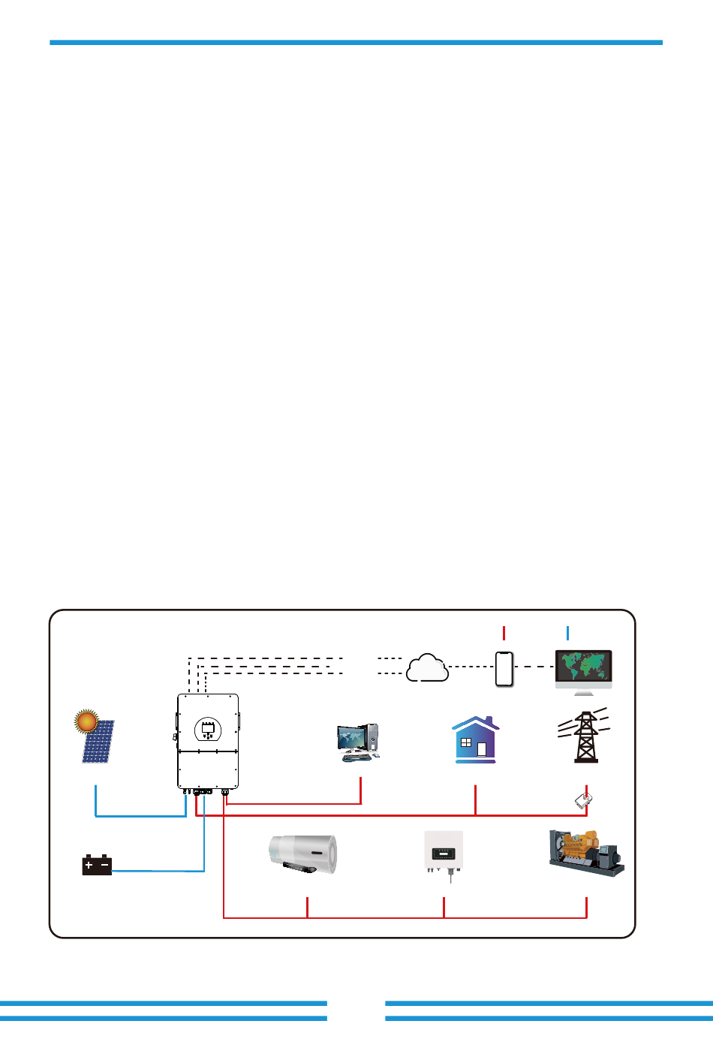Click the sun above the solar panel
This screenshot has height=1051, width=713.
click(x=87, y=721)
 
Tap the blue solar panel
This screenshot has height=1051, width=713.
click(x=99, y=742)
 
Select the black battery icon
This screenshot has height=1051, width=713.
click(x=97, y=865)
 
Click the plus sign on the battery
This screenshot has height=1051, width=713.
click(x=89, y=865)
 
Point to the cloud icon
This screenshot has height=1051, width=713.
click(x=427, y=667)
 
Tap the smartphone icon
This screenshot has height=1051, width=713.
click(x=504, y=667)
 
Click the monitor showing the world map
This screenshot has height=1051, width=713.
click(x=583, y=667)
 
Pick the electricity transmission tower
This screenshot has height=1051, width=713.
click(x=585, y=736)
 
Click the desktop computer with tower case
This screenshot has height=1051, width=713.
click(x=359, y=742)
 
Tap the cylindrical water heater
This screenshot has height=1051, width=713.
click(x=303, y=854)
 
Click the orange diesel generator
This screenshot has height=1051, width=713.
click(x=586, y=852)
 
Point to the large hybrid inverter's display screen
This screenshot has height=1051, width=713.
click(x=208, y=727)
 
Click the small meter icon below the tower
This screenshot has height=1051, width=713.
click(x=584, y=800)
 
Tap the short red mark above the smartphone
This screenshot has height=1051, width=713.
click(x=504, y=632)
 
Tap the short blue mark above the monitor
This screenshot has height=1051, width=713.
click(x=568, y=632)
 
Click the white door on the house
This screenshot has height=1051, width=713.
click(x=482, y=748)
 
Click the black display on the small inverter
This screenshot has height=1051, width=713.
click(x=444, y=854)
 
